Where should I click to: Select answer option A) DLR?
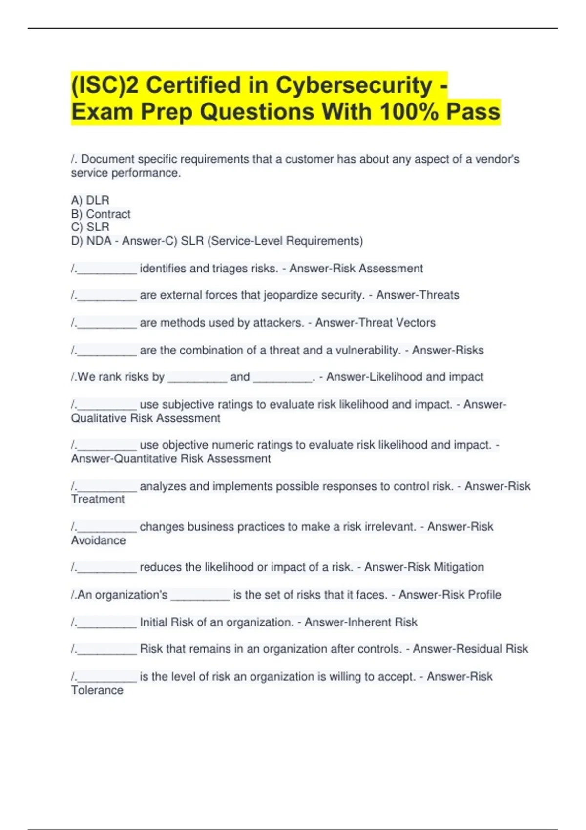click(90, 200)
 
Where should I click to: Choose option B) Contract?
click(101, 214)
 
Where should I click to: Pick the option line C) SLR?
click(90, 227)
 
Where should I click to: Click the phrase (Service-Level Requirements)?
click(285, 241)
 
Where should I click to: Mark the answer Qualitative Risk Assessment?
click(146, 418)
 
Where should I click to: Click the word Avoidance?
click(98, 540)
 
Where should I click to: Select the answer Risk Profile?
click(472, 595)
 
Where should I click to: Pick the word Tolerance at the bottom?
click(97, 690)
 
